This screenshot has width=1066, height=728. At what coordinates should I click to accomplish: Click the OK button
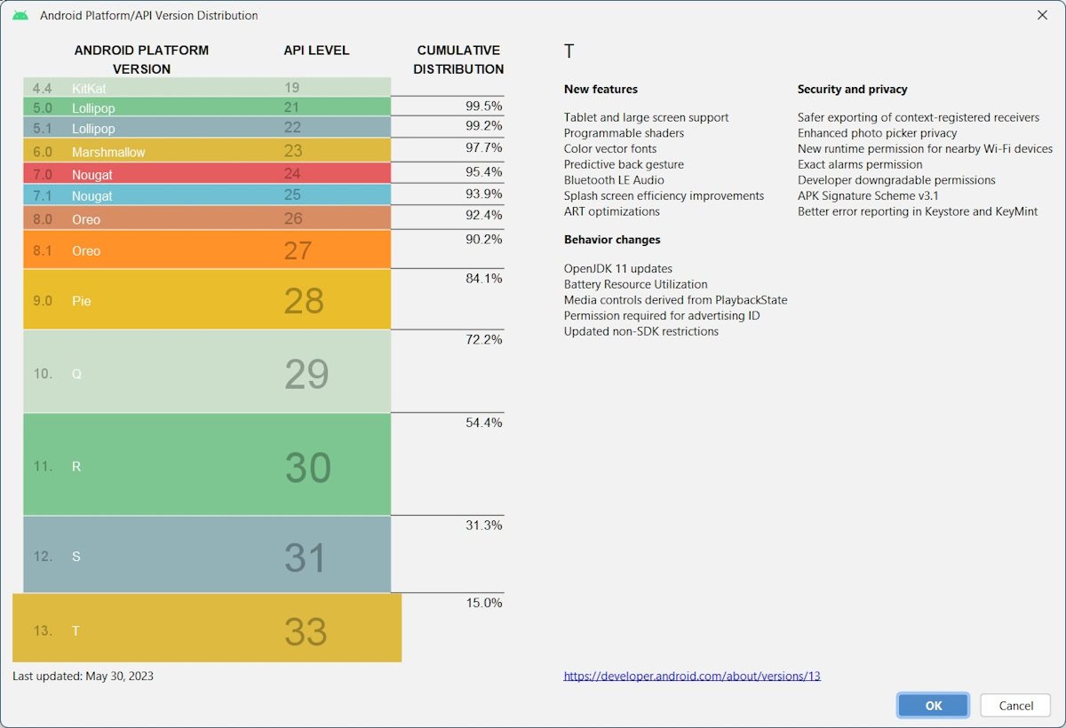[933, 706]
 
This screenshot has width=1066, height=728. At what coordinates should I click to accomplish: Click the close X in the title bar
[1042, 15]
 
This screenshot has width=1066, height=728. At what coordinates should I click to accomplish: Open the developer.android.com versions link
[692, 676]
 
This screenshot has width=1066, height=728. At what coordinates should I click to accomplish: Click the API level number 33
[306, 632]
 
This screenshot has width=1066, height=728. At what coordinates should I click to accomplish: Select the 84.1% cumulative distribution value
[483, 279]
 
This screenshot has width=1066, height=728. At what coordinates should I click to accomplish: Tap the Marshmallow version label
[108, 152]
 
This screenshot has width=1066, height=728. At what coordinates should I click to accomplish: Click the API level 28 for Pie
[304, 302]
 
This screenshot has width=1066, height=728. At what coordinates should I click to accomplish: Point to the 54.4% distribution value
[483, 423]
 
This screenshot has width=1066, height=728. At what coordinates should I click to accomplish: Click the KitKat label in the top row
[89, 89]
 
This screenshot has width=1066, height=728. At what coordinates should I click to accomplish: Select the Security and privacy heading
[852, 90]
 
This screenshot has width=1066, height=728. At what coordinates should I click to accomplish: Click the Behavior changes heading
[612, 240]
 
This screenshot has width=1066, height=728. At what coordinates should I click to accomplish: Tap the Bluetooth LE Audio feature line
[614, 180]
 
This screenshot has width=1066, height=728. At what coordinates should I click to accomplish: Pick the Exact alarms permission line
[860, 164]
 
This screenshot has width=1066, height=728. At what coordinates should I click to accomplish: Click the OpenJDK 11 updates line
[617, 268]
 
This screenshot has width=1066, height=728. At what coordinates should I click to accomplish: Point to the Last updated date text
[84, 677]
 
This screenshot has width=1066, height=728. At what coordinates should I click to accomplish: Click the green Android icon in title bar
[20, 15]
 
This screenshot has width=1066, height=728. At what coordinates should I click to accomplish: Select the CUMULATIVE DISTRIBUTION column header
[458, 59]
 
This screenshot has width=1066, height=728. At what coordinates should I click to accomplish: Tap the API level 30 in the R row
[307, 468]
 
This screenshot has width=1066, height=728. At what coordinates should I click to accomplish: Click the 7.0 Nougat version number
[43, 175]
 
